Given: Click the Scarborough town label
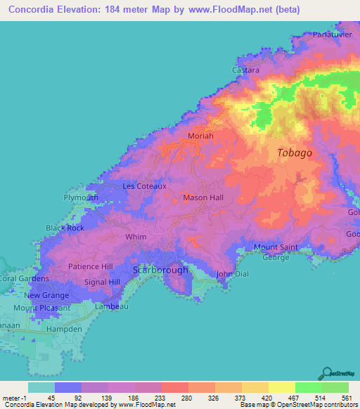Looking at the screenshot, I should click(x=160, y=270).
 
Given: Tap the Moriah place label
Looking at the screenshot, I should click(x=200, y=136).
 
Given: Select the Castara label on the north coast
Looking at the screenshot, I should click(x=246, y=70).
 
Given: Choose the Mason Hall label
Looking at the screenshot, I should click(x=202, y=198).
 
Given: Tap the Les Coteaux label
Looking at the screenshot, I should click(x=144, y=186).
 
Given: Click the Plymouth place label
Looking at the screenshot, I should click(x=81, y=198).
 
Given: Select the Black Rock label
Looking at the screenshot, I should click(x=65, y=228).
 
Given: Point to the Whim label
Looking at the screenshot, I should click(x=136, y=237).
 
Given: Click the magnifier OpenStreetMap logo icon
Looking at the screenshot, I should click(x=326, y=373).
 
